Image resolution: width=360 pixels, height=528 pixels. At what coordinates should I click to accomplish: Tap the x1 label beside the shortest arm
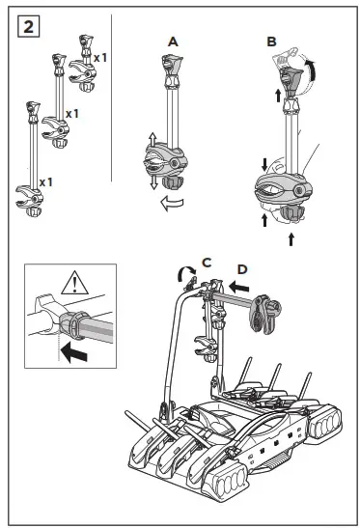(x=98, y=58)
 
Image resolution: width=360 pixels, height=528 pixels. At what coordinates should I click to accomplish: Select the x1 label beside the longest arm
(x=46, y=181)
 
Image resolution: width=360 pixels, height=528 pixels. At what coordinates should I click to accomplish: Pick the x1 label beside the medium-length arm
(x=70, y=114)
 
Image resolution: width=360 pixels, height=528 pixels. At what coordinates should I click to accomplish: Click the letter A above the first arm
(x=173, y=42)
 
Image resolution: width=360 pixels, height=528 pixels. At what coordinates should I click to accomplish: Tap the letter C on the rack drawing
(x=206, y=262)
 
